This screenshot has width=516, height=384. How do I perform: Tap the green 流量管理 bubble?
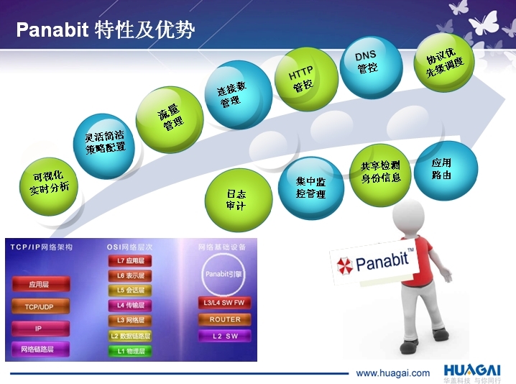click(x=170, y=116)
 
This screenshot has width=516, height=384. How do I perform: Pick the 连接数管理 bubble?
click(x=238, y=93)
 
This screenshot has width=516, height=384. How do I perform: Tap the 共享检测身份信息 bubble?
click(x=381, y=171)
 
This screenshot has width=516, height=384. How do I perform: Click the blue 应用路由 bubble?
click(x=446, y=170)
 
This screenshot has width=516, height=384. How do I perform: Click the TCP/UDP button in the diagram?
click(x=41, y=306)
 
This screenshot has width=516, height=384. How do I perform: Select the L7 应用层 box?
click(x=130, y=261)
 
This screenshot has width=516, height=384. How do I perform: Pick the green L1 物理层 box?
click(x=130, y=352)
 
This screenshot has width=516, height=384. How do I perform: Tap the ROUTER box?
click(x=224, y=319)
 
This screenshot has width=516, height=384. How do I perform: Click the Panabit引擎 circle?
click(x=226, y=274)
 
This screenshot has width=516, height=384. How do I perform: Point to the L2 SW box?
click(x=224, y=336)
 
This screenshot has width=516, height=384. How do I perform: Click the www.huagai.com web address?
click(x=392, y=373)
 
